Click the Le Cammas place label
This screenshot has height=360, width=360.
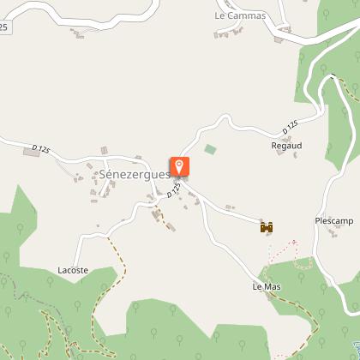[x=241, y=16]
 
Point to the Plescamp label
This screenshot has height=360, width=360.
[x=333, y=220]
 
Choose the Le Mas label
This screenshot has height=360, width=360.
[x=267, y=286]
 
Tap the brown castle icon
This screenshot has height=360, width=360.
[x=267, y=227]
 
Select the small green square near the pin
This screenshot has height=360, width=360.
[x=210, y=149]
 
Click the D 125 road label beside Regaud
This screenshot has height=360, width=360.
[x=292, y=127]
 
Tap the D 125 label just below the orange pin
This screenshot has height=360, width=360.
[x=175, y=189]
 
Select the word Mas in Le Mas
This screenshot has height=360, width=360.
[x=273, y=286]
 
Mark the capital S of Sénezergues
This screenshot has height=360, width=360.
[x=103, y=176]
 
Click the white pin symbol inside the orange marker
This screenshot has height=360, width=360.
[x=180, y=164]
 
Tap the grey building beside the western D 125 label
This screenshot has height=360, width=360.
[x=103, y=151]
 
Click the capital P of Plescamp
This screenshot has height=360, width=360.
[x=318, y=220]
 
